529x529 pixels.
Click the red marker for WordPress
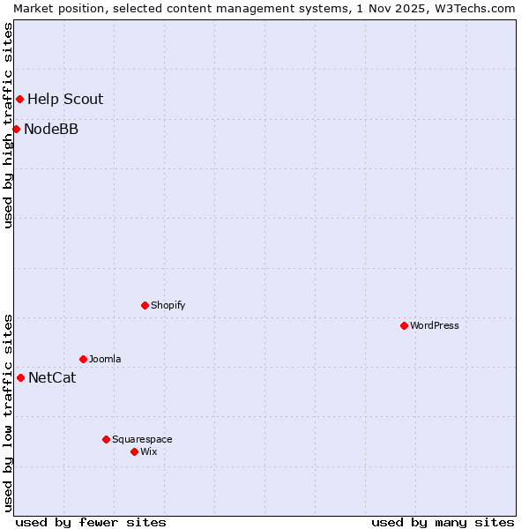click(404, 325)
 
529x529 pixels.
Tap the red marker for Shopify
click(145, 305)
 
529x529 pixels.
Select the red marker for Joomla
click(83, 359)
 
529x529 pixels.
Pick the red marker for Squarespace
click(106, 439)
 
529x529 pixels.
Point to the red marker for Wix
click(134, 451)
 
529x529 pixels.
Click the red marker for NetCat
click(20, 377)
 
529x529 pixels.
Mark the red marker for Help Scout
click(19, 99)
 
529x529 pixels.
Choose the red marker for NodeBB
click(16, 129)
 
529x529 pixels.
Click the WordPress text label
click(435, 325)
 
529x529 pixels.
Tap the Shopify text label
click(168, 305)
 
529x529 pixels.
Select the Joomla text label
click(105, 359)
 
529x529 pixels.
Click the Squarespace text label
click(142, 439)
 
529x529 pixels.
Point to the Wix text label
click(149, 451)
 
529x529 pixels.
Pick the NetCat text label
click(52, 378)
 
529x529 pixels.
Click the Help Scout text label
click(65, 100)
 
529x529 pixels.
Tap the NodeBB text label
click(51, 130)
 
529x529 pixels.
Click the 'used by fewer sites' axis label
click(91, 522)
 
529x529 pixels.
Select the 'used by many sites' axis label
click(443, 522)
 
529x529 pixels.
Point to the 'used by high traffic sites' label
click(9, 125)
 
